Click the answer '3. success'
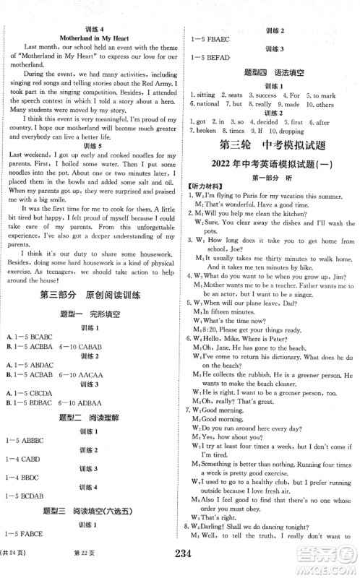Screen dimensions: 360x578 pos(263,95)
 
